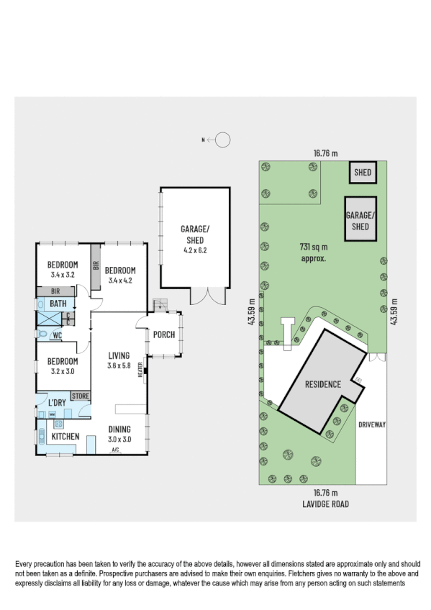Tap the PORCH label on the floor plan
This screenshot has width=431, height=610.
click(x=165, y=333)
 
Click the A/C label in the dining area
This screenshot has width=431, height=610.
click(x=115, y=450)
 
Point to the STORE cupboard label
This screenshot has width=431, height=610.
click(x=81, y=396)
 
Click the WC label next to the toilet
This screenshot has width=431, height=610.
click(x=56, y=334)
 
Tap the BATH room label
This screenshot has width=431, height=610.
click(x=58, y=304)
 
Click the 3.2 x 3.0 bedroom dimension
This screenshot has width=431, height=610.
click(x=63, y=371)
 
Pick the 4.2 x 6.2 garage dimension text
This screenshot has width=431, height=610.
click(x=194, y=251)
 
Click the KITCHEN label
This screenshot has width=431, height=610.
click(x=65, y=436)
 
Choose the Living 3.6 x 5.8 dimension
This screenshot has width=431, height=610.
click(x=119, y=365)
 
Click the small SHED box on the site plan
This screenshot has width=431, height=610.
click(x=363, y=173)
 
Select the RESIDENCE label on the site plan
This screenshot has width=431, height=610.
click(x=322, y=384)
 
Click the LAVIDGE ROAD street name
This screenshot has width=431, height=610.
click(x=325, y=504)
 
